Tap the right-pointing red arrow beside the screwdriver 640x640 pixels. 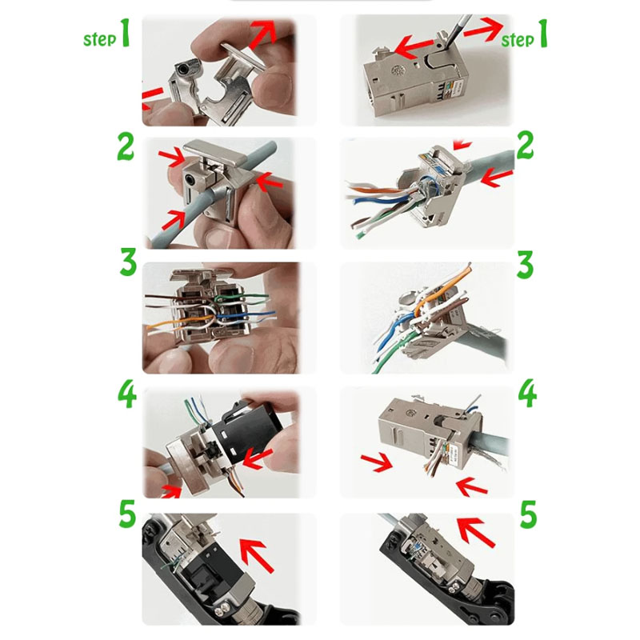[482, 30]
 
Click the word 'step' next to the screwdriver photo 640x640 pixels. [517, 39]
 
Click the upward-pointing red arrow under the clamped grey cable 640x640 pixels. [173, 217]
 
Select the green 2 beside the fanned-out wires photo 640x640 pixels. [525, 147]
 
